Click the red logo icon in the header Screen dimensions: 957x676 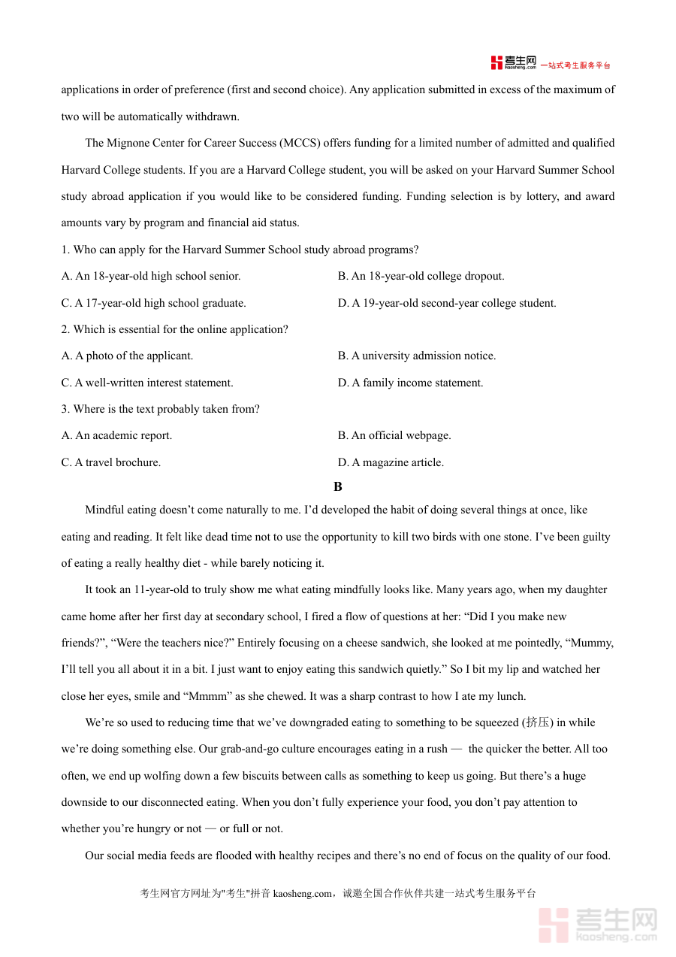tap(496, 63)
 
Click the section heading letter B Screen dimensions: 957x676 tap(338, 487)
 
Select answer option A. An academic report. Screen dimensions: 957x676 tap(116, 435)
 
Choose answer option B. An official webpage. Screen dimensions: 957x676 tap(394, 435)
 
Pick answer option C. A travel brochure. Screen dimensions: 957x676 tap(111, 462)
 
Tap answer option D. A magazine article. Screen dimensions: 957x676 tap(391, 462)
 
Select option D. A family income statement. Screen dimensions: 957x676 tap(410, 383)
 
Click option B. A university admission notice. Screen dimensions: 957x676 tap(417, 356)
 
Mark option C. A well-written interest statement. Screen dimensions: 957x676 tap(147, 383)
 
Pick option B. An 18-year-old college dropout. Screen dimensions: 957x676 tap(421, 276)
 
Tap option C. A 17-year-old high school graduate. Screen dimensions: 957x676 tap(153, 303)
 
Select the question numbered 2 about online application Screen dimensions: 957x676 tap(174, 329)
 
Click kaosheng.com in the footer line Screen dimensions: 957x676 tap(302, 894)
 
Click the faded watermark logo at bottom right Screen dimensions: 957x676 tap(598, 925)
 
